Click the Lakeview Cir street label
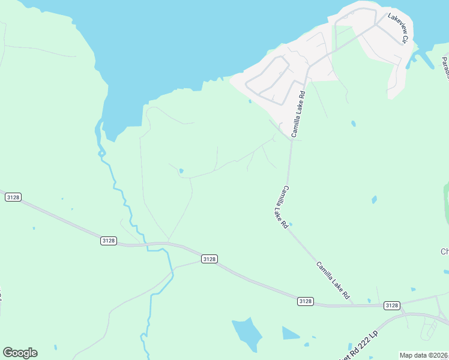397,28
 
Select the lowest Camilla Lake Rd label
333,280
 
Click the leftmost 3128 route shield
13,197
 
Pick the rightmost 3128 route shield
391,305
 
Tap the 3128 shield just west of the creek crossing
108,241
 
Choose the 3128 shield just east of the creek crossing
209,259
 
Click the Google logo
20,353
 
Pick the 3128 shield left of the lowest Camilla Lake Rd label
305,301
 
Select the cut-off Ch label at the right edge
444,251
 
